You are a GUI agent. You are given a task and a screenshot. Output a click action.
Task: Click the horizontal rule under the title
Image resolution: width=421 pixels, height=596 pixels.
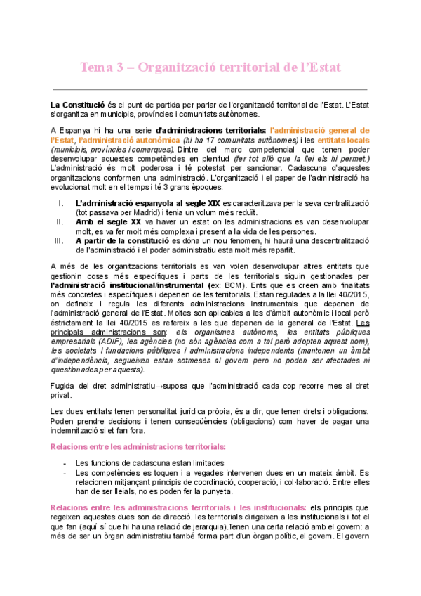(x=210, y=90)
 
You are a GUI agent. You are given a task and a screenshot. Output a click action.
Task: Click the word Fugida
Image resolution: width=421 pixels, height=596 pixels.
(x=64, y=386)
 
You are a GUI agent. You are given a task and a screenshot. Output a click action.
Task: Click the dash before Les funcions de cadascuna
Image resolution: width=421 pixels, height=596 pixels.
(x=65, y=462)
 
